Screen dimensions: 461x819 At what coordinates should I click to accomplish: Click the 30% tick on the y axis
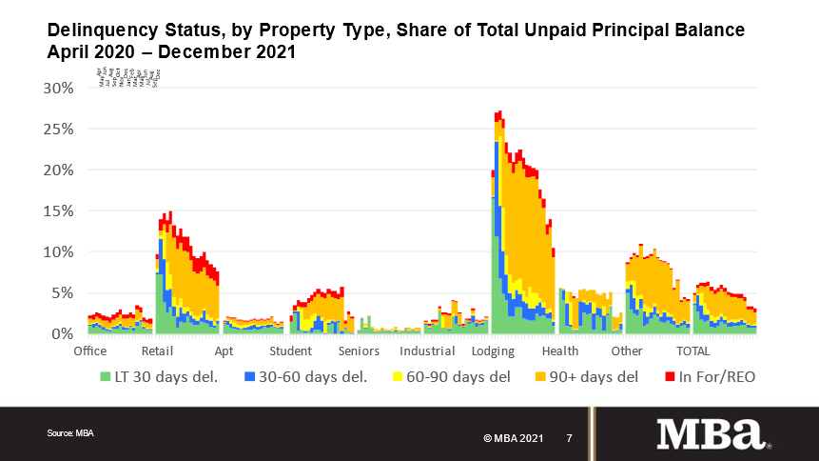pyautogui.click(x=57, y=89)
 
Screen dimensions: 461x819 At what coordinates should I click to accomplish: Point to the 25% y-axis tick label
pyautogui.click(x=57, y=129)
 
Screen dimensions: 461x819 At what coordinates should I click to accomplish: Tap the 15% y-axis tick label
pyautogui.click(x=57, y=211)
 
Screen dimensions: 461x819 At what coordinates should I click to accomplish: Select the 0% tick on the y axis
pyautogui.click(x=62, y=334)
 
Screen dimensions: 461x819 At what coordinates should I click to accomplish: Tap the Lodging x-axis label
pyautogui.click(x=494, y=351)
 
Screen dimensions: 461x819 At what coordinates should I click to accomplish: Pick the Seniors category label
pyautogui.click(x=359, y=351)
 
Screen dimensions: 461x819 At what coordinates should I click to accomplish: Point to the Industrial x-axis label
pyautogui.click(x=427, y=351)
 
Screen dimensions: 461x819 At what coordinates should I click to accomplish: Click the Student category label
pyautogui.click(x=290, y=351)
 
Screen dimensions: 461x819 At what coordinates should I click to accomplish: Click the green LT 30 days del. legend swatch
pyautogui.click(x=106, y=377)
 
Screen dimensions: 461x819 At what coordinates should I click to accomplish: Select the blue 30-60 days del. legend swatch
pyautogui.click(x=250, y=377)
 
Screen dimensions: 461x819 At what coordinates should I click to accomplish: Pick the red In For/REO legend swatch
pyautogui.click(x=669, y=377)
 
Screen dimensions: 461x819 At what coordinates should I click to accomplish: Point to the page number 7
pyautogui.click(x=569, y=438)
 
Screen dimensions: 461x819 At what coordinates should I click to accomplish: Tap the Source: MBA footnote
pyautogui.click(x=70, y=433)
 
